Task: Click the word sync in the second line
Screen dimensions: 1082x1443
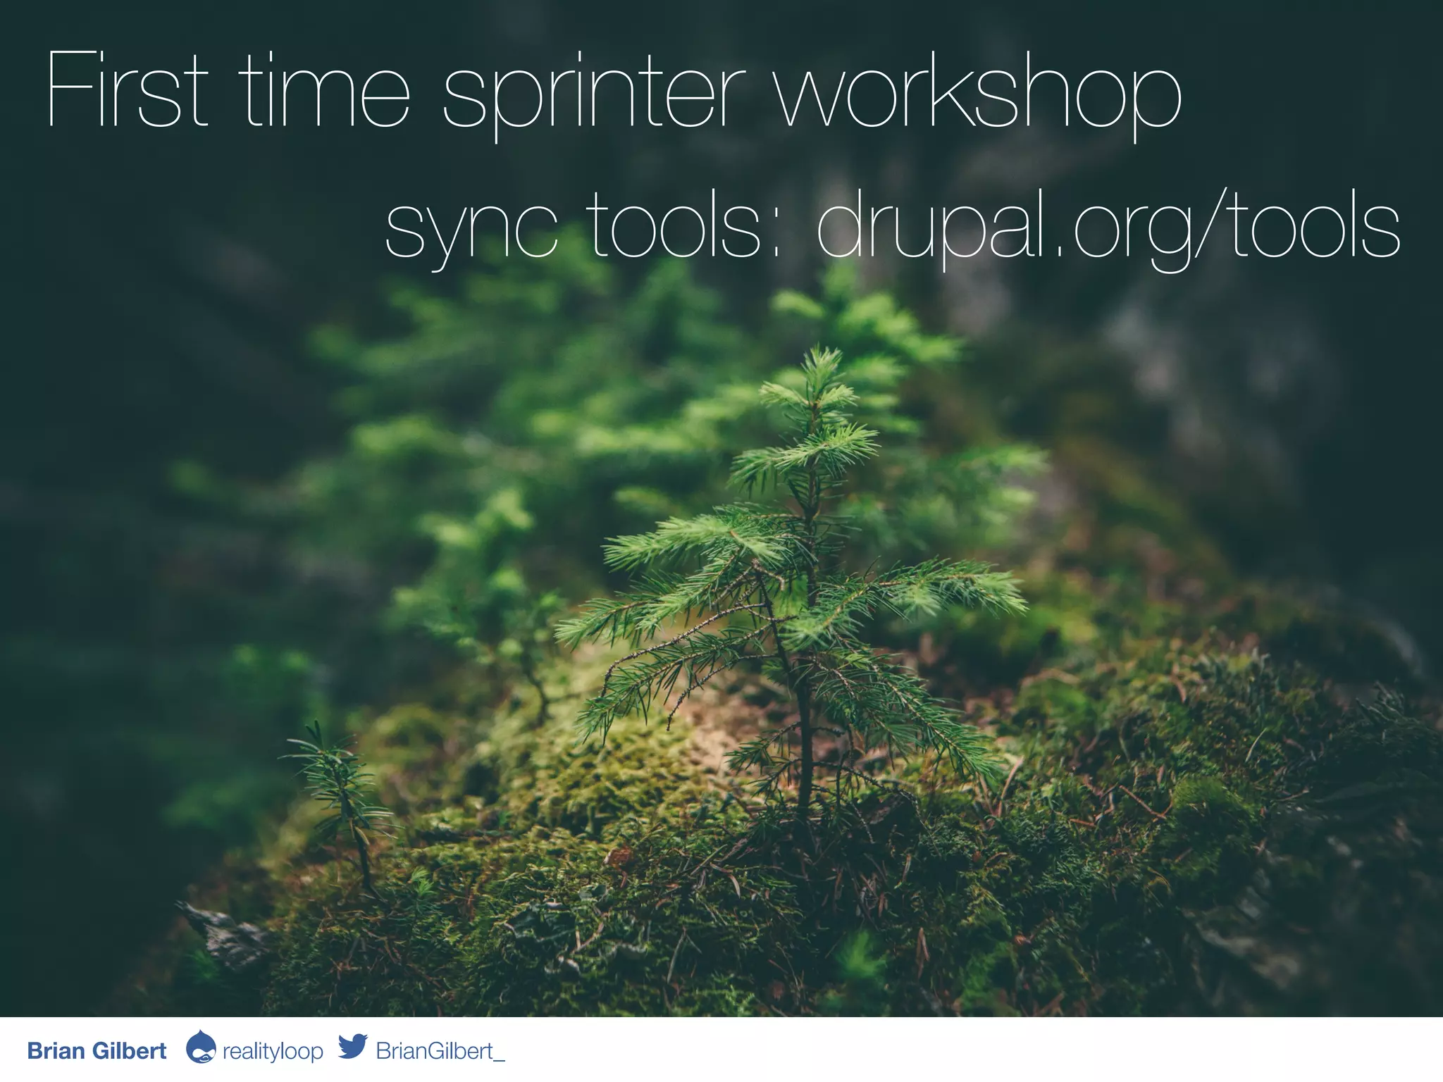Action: [471, 229]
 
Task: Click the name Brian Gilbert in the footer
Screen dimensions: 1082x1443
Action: [97, 1051]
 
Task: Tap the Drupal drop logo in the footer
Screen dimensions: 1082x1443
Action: [200, 1047]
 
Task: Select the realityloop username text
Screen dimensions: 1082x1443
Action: [273, 1052]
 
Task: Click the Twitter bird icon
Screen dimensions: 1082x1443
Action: [352, 1047]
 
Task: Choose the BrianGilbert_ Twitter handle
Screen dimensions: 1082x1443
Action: [440, 1051]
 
